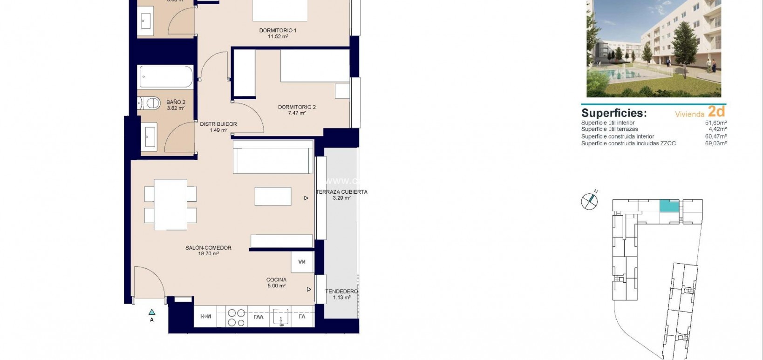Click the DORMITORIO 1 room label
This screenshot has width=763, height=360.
click(278, 31)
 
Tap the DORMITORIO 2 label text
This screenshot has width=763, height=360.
click(297, 108)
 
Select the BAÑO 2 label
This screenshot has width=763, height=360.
click(176, 102)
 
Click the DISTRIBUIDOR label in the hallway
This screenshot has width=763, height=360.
click(218, 124)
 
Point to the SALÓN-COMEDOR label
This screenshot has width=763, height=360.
click(208, 248)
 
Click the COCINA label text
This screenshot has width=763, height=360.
click(276, 280)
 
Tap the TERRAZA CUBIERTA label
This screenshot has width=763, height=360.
click(341, 192)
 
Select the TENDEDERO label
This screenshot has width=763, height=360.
click(341, 292)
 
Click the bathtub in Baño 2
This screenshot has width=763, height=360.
click(166, 76)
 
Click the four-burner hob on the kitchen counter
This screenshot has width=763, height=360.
click(236, 317)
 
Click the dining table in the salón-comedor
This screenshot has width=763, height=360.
click(170, 204)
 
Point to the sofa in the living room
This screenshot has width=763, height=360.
click(273, 157)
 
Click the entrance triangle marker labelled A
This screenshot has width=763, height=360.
click(151, 312)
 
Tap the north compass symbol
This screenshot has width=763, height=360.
click(589, 201)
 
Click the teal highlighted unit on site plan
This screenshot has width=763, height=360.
click(669, 206)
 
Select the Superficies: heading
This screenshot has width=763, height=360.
click(614, 113)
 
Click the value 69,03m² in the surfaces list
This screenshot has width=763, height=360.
click(716, 144)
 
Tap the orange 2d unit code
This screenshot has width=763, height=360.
click(716, 112)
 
